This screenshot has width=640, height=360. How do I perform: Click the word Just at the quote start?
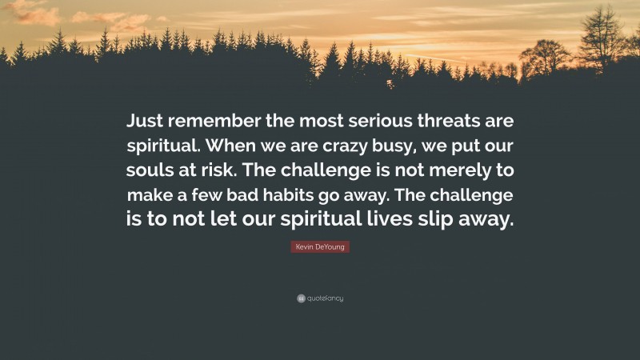[x=145, y=123]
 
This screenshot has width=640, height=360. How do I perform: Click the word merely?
[x=465, y=172]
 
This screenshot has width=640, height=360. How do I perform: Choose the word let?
[x=242, y=221]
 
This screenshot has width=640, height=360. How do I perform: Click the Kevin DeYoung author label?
[x=320, y=248]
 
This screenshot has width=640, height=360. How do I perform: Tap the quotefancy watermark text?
[x=324, y=298]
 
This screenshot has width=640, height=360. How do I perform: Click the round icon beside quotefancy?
[x=299, y=298]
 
